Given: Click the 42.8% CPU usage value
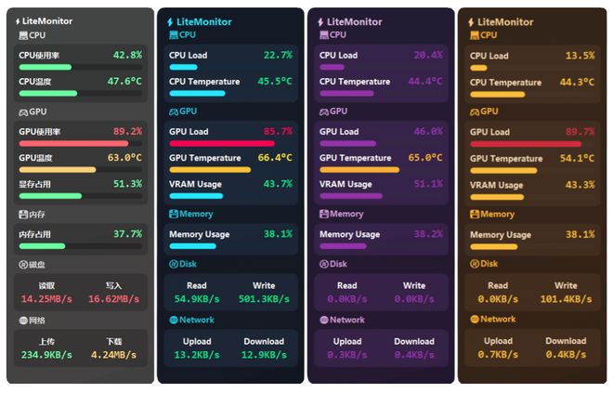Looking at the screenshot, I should point(127,56).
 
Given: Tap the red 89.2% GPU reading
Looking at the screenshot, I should point(127,132).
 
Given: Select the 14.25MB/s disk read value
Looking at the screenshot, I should point(47,299).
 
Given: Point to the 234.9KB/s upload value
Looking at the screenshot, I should point(47,355).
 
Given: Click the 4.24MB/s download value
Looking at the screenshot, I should point(114,355).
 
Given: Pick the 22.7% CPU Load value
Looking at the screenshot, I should point(278,56).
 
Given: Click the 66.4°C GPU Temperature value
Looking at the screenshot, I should point(275,158).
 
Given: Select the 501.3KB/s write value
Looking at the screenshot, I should point(264,299).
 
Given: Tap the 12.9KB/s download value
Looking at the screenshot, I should point(264,355).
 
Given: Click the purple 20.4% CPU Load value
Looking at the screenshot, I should point(428,56).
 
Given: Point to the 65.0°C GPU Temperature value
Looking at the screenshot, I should point(425,158).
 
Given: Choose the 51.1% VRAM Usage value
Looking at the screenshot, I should point(428,184).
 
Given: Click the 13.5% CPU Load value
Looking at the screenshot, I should point(580,56).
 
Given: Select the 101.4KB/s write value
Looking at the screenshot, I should point(566,299).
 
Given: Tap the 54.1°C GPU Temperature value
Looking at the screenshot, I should point(576,158).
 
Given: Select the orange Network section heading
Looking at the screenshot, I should point(498,320).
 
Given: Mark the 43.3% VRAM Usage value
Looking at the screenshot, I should point(580,184).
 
